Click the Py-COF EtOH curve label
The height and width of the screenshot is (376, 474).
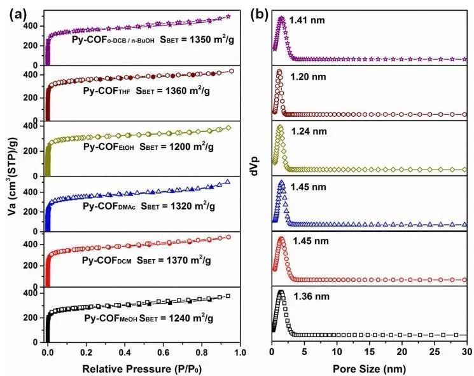point(108,146)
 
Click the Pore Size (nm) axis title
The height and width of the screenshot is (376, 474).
point(370,367)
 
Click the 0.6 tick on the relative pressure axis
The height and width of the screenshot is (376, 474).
point(164,351)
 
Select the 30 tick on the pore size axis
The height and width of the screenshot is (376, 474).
point(466,351)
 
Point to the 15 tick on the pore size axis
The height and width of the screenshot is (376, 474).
point(369,351)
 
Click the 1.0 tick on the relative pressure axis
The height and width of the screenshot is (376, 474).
point(240,351)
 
